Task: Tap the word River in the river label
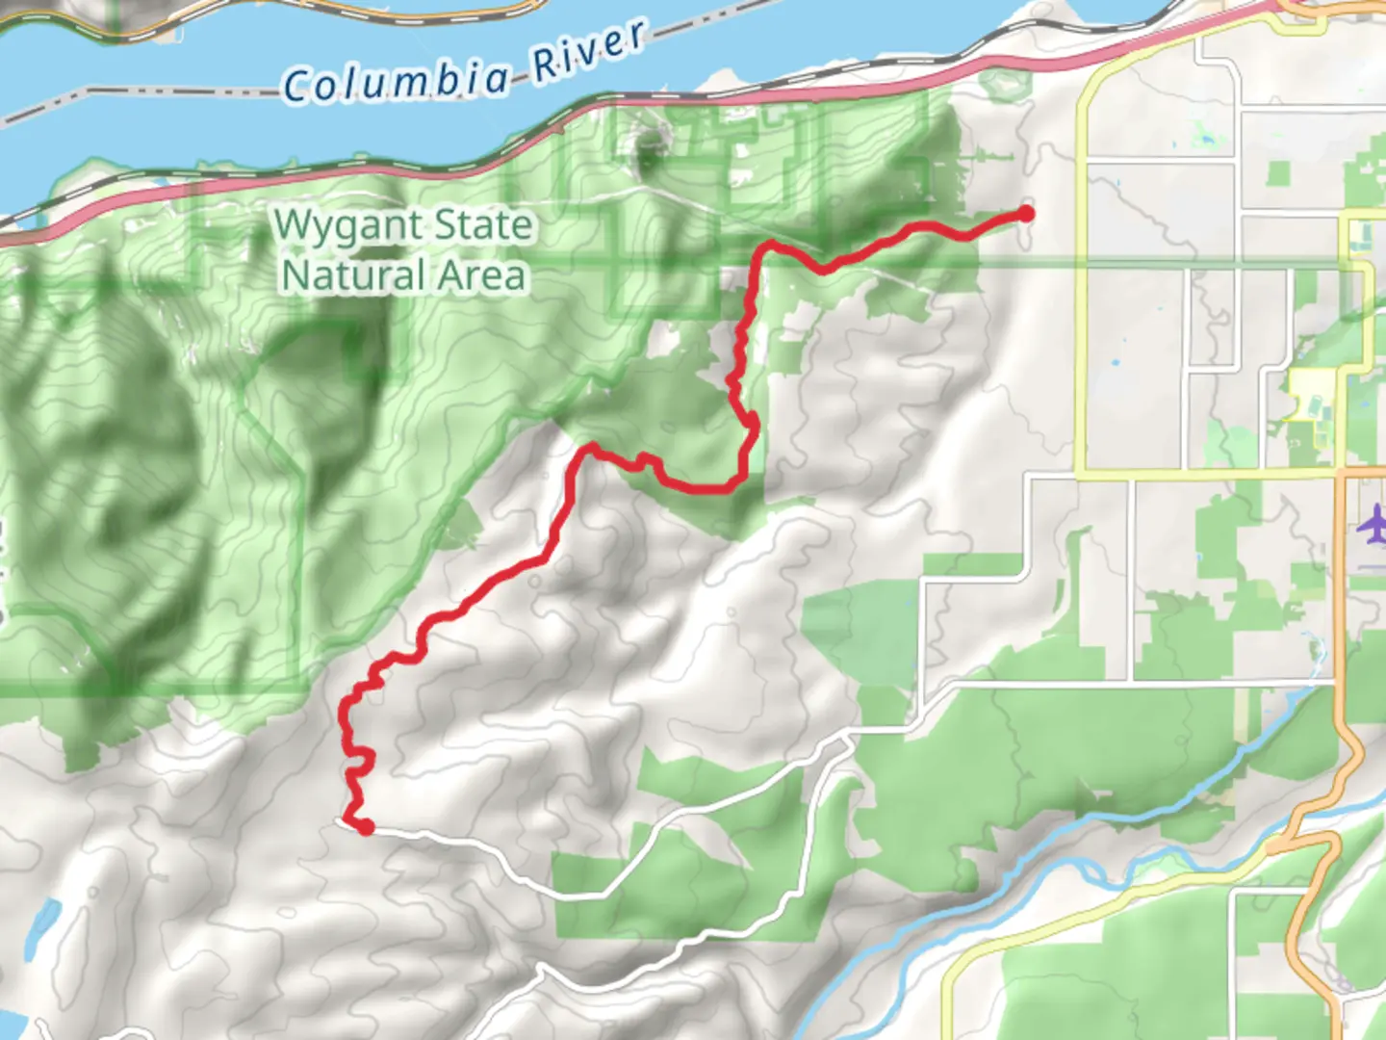point(588,53)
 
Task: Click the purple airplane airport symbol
point(1372,526)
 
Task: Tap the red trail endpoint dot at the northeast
point(1026,214)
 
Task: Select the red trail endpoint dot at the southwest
point(366,826)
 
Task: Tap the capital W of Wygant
point(294,226)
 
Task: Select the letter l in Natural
point(423,275)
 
